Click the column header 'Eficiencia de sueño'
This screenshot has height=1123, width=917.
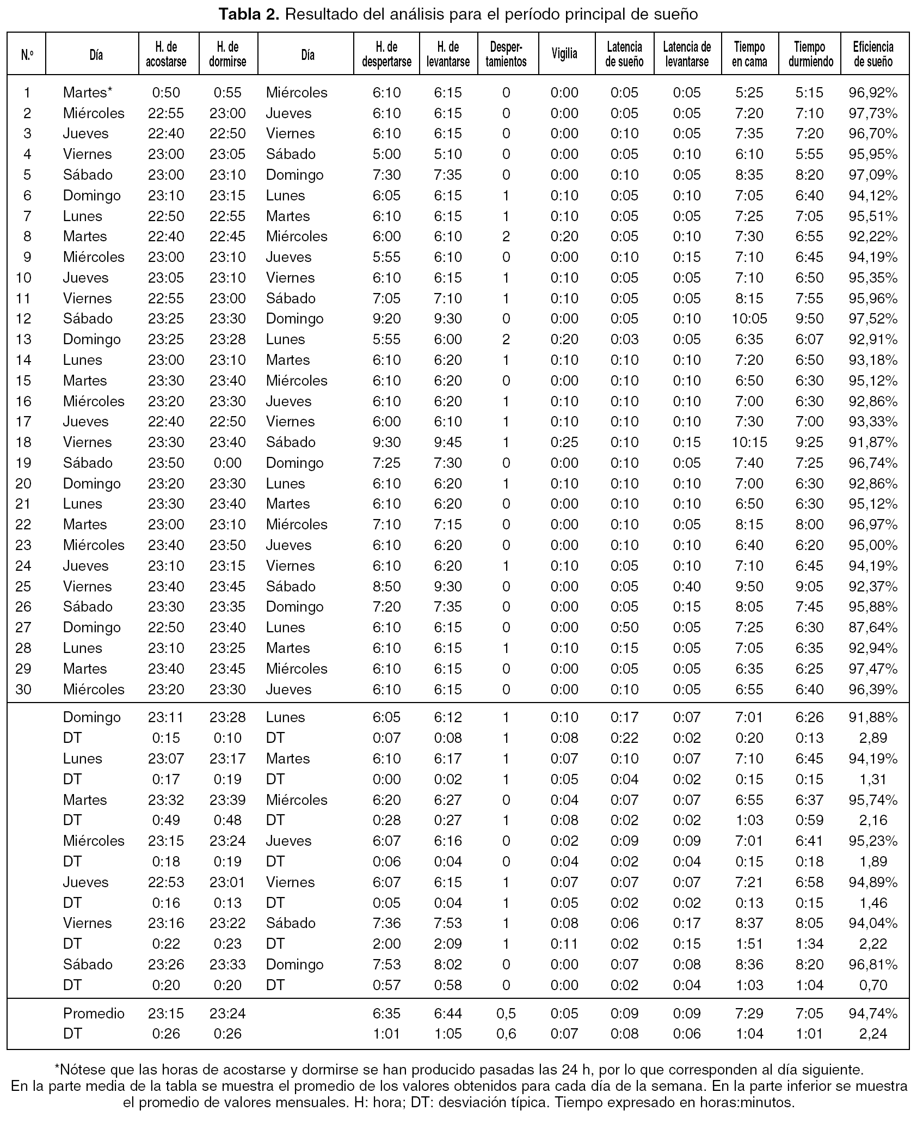[873, 54]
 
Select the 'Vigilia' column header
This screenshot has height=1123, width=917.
[564, 54]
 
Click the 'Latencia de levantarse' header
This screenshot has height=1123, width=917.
[687, 54]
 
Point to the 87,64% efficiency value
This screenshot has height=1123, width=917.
[873, 627]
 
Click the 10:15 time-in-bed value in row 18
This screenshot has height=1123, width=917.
[749, 442]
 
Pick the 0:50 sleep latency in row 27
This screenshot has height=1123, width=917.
[624, 627]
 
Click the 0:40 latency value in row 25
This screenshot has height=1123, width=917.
[687, 587]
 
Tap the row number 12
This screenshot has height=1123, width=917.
[24, 319]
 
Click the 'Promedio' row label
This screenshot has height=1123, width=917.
[94, 1014]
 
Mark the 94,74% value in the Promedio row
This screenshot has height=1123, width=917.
[873, 1014]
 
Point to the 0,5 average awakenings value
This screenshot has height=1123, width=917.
[506, 1014]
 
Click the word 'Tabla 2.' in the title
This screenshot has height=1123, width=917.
[249, 14]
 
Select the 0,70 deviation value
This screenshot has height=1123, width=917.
[873, 985]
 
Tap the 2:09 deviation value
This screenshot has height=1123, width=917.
[448, 944]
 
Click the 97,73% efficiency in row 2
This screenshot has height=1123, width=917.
[873, 113]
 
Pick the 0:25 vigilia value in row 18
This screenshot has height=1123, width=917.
[564, 442]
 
